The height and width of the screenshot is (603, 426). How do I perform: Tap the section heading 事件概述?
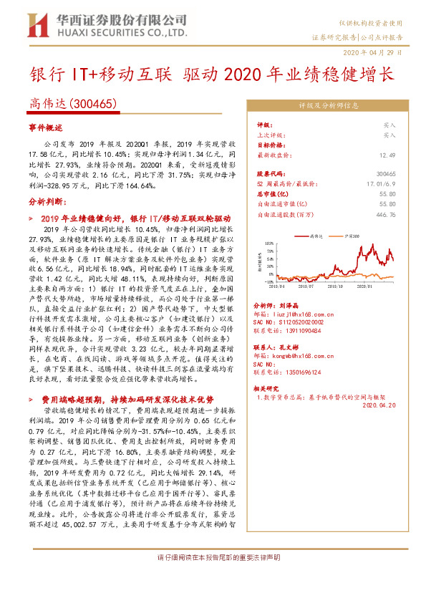[47, 127]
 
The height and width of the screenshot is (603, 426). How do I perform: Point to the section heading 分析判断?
[47, 202]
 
